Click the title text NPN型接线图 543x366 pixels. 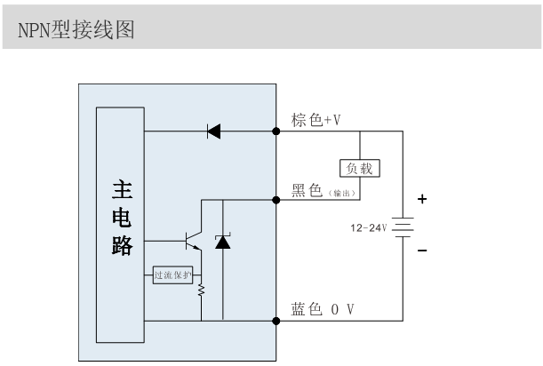(x=76, y=30)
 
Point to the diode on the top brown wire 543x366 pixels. (x=213, y=132)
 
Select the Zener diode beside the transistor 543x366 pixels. (x=222, y=242)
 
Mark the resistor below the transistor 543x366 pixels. (x=201, y=290)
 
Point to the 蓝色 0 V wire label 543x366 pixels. (x=323, y=308)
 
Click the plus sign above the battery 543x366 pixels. (x=422, y=200)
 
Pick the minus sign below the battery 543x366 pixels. (x=422, y=251)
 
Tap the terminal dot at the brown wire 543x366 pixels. (x=275, y=132)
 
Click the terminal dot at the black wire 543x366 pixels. (x=275, y=200)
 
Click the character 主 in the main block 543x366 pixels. (x=121, y=189)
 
